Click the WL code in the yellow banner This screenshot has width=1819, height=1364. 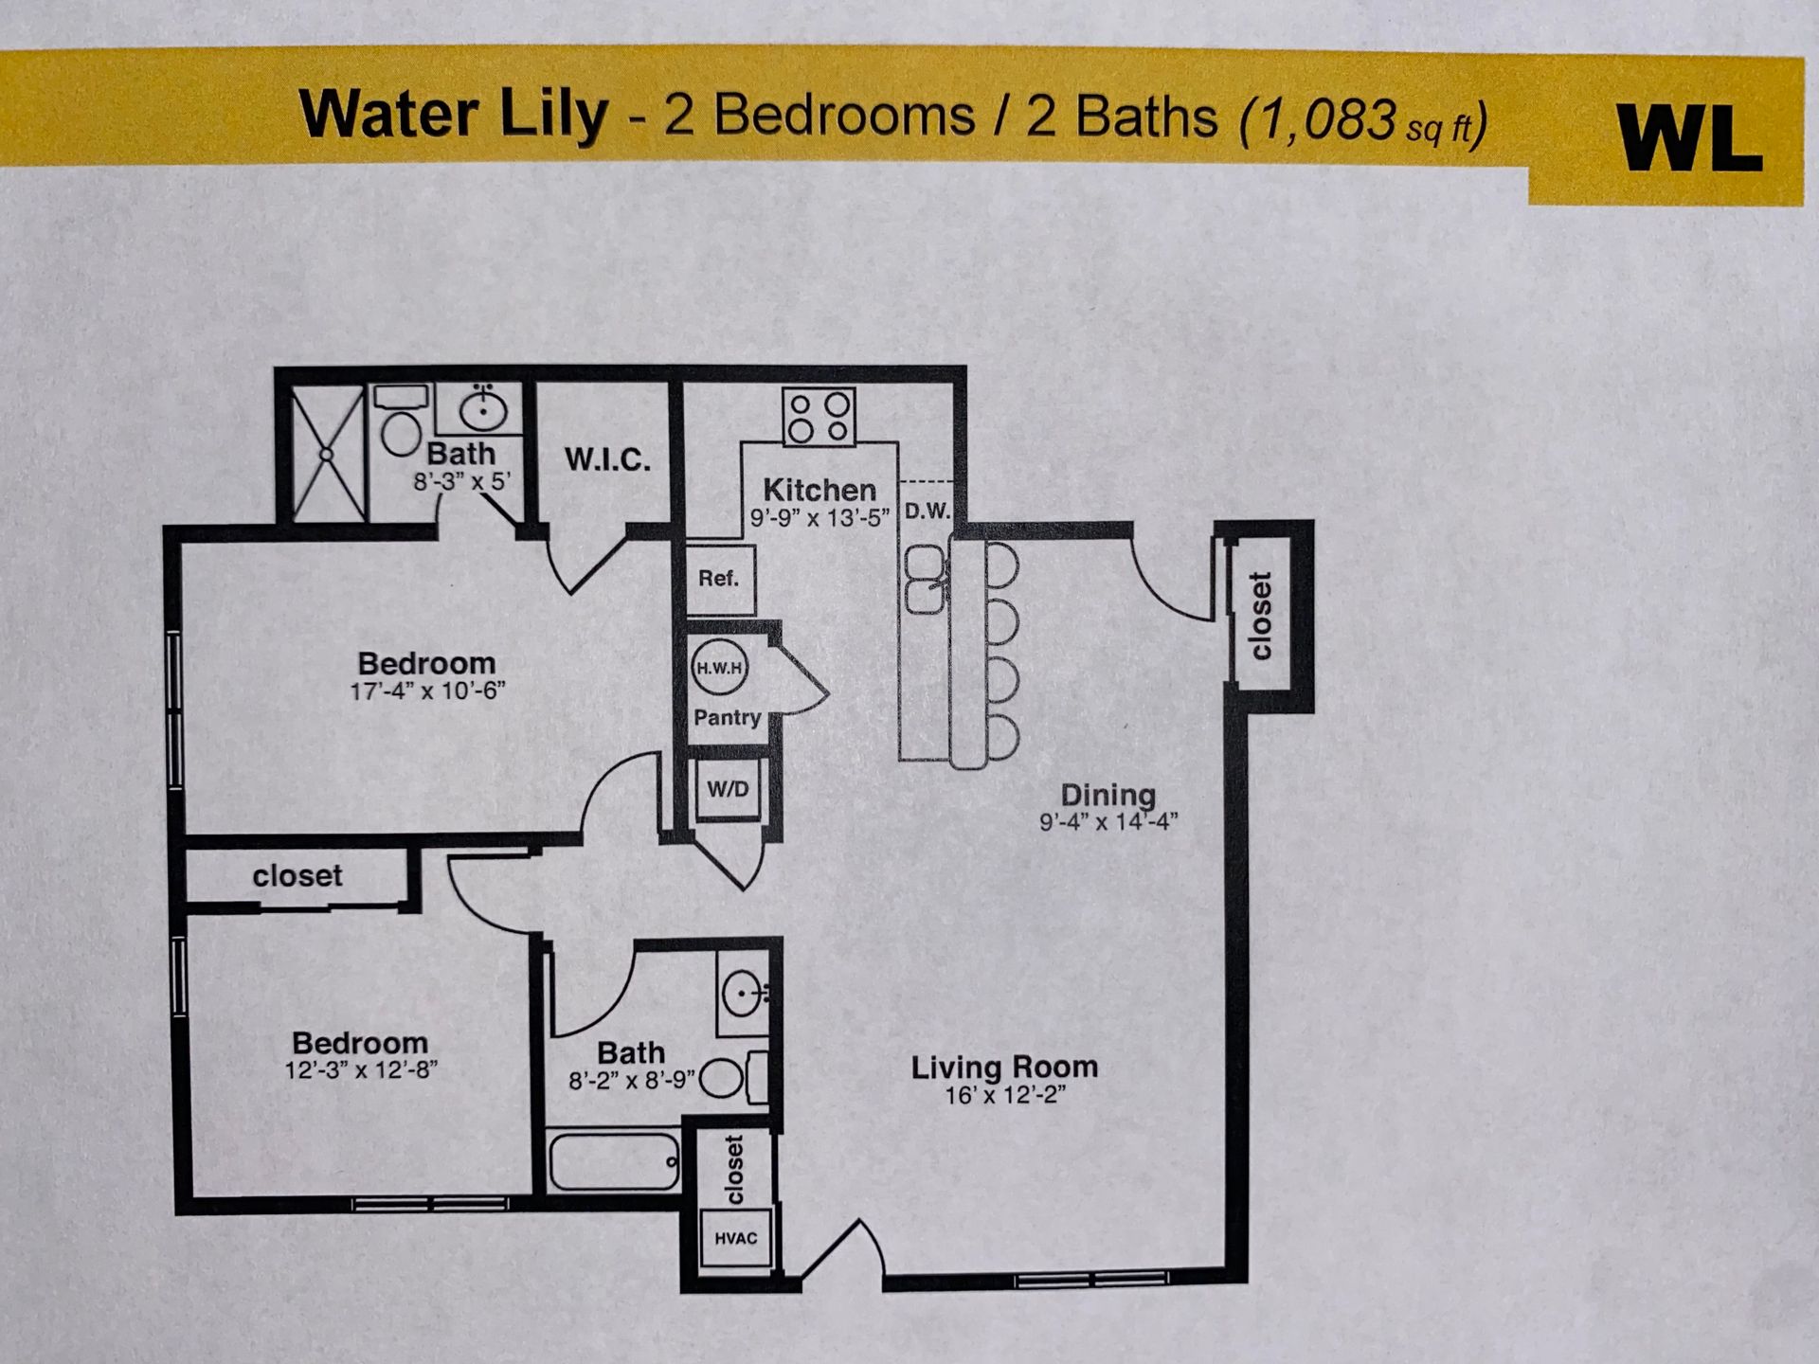(x=1688, y=139)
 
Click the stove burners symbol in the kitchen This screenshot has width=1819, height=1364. (x=819, y=417)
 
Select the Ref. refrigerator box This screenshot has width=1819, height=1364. (x=719, y=579)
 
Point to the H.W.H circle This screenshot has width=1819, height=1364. (x=719, y=668)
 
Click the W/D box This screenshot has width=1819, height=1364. (x=728, y=789)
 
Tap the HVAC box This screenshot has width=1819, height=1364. (x=735, y=1238)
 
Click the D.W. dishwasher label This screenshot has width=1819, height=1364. (x=927, y=511)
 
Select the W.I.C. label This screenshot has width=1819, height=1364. (x=607, y=460)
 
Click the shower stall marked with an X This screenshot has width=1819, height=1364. (x=327, y=454)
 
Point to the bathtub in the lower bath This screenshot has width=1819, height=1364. (x=614, y=1161)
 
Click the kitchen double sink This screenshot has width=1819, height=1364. (x=925, y=580)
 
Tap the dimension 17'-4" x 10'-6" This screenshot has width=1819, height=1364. (x=427, y=691)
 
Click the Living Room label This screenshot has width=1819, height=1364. (x=1004, y=1068)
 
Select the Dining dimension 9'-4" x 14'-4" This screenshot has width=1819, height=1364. (x=1108, y=821)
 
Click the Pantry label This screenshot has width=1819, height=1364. (x=727, y=718)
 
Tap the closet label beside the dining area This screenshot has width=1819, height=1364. (x=1260, y=616)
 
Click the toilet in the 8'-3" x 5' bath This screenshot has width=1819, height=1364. (x=401, y=432)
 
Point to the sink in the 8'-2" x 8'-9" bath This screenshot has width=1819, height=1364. (x=742, y=995)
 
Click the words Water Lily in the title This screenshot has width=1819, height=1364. (x=453, y=115)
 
